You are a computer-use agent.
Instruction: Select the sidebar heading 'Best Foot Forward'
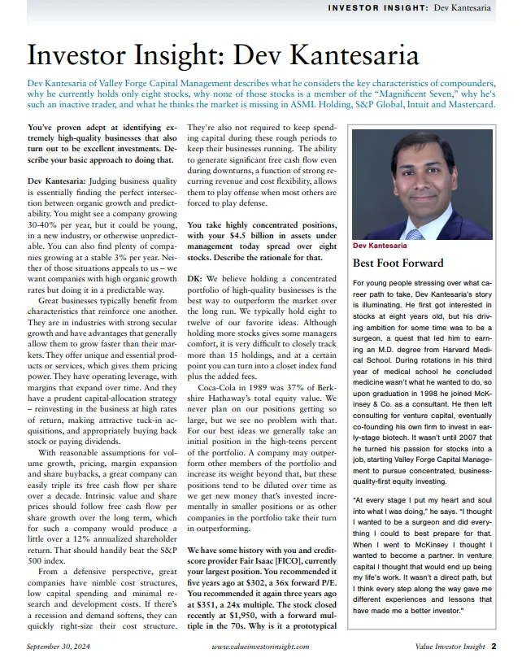click(x=398, y=263)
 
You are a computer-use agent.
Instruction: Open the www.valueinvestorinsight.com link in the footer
click(x=259, y=647)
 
